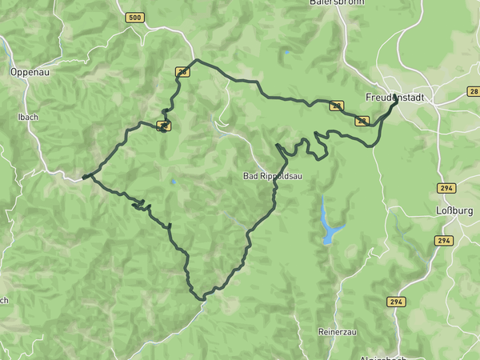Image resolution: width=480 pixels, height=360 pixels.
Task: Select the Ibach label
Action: coord(28,117)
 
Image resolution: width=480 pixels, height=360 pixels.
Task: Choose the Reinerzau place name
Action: coord(336,330)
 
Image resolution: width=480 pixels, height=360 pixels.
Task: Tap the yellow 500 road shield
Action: coord(135,18)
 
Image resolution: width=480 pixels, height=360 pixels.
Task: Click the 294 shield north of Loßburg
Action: coord(446,188)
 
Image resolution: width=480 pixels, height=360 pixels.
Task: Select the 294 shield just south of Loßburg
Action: coord(444,240)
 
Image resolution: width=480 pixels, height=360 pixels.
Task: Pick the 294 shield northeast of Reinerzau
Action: coord(395,302)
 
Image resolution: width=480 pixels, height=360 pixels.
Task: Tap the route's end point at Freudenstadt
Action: coord(395,99)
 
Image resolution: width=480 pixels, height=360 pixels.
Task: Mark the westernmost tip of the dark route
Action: coord(83,178)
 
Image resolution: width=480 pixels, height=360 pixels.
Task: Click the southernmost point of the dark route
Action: coord(202,300)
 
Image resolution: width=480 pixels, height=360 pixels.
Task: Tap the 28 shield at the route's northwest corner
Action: coord(183,72)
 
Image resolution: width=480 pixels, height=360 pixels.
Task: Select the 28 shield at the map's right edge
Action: coord(474,92)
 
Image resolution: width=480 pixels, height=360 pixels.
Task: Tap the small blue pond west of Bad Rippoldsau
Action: coord(172,182)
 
